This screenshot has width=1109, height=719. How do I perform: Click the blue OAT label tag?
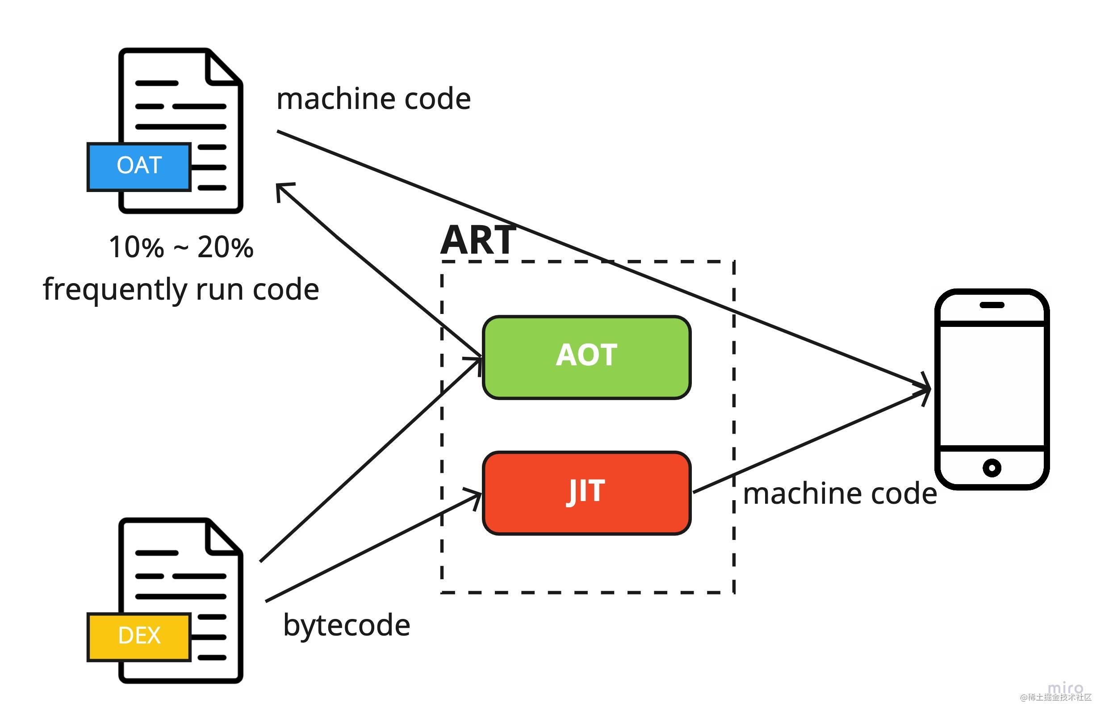139,167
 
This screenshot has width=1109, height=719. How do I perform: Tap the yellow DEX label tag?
139,636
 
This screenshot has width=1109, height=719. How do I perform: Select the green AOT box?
586,357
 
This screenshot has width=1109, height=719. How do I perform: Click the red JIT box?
586,493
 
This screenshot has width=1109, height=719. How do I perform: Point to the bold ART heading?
478,241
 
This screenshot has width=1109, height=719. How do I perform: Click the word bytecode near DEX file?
346,626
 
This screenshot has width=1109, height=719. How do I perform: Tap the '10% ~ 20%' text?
181,247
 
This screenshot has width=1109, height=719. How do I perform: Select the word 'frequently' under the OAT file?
114,290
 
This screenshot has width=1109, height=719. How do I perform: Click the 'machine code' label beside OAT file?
373,99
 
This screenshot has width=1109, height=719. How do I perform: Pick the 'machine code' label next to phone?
840,494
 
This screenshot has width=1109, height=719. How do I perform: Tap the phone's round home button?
992,468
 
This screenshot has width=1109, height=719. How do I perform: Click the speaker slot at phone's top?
992,305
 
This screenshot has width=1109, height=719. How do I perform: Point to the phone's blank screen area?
992,386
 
